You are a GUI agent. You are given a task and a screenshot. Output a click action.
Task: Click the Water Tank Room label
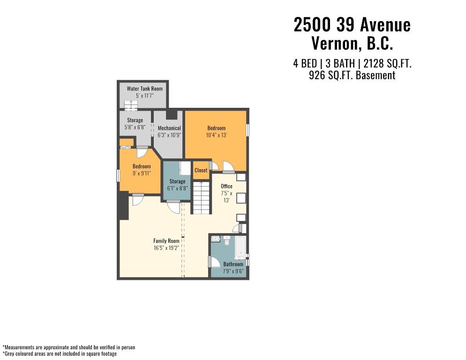pyautogui.click(x=145, y=89)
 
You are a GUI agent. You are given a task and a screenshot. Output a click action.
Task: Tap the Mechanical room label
pyautogui.click(x=169, y=128)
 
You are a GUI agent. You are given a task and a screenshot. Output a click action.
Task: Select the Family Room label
pyautogui.click(x=166, y=241)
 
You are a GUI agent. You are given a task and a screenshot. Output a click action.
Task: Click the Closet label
pyautogui.click(x=201, y=170)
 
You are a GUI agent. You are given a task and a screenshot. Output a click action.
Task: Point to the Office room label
pyautogui.click(x=226, y=187)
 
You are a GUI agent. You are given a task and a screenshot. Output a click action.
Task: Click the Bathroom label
pyautogui.click(x=233, y=264)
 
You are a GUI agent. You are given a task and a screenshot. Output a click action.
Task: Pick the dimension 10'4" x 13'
pyautogui.click(x=217, y=135)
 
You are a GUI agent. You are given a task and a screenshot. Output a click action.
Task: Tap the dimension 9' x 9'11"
pyautogui.click(x=142, y=173)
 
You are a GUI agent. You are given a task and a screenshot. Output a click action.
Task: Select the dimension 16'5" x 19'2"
pyautogui.click(x=166, y=248)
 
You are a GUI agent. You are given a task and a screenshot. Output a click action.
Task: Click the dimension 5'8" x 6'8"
pyautogui.click(x=135, y=127)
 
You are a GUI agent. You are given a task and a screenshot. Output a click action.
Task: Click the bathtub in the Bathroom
pyautogui.click(x=241, y=247)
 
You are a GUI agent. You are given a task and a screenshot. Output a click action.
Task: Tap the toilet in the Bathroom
pyautogui.click(x=227, y=241)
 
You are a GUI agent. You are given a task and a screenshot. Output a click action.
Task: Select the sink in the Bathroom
pyautogui.click(x=215, y=239)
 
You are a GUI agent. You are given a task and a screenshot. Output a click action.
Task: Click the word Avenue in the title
pyautogui.click(x=385, y=25)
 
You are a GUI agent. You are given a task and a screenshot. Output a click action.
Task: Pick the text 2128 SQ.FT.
pyautogui.click(x=388, y=64)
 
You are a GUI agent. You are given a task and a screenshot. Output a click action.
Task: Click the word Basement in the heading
pyautogui.click(x=376, y=75)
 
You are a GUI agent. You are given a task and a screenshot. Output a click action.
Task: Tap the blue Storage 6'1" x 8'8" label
pyautogui.click(x=177, y=185)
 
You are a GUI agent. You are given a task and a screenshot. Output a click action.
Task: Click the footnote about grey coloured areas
pyautogui.click(x=60, y=354)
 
